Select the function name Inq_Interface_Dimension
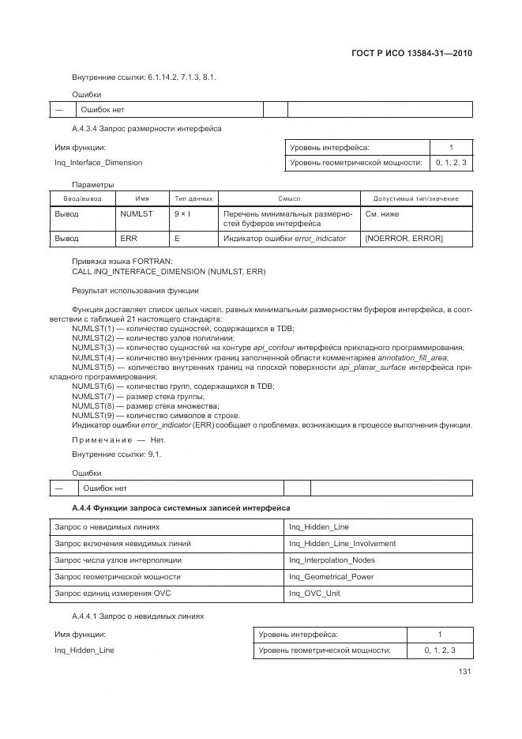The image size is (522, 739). pos(98,163)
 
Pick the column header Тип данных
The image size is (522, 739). pos(193,198)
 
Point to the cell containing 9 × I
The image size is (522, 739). pos(182,213)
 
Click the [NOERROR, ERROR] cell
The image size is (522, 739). pos(404,238)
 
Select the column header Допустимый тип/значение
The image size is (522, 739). pos(415,198)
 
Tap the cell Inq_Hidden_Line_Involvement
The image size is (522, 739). pos(342,543)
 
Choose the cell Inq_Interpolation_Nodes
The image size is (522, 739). pos(332,560)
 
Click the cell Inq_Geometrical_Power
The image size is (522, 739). pos(331,576)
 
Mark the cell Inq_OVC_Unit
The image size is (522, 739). pos(314,593)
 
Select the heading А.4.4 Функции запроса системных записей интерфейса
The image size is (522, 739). pos(181,507)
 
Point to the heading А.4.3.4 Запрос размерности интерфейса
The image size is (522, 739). pos(146,128)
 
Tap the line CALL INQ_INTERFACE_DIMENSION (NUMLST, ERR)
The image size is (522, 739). pos(168,271)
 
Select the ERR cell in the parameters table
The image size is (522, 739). pos(129,238)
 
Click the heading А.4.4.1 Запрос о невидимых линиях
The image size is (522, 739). pos(137,615)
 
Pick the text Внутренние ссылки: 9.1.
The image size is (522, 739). pos(117,454)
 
